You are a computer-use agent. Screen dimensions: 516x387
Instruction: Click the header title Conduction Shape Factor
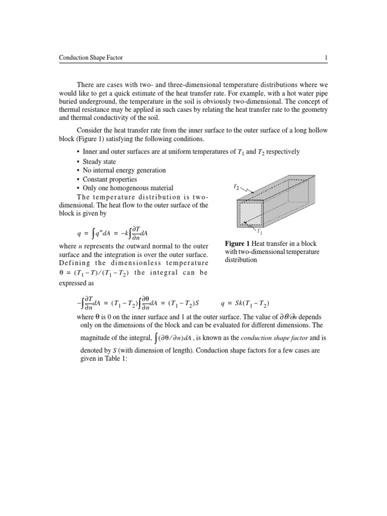(91, 58)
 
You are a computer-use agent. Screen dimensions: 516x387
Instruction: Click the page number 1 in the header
(326, 58)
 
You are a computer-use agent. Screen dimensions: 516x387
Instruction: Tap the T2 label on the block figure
(236, 186)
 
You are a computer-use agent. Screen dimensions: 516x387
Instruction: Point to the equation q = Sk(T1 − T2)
(245, 303)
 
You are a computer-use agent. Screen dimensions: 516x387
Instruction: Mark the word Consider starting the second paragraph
(89, 131)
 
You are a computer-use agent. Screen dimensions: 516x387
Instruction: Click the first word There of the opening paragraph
(85, 84)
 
